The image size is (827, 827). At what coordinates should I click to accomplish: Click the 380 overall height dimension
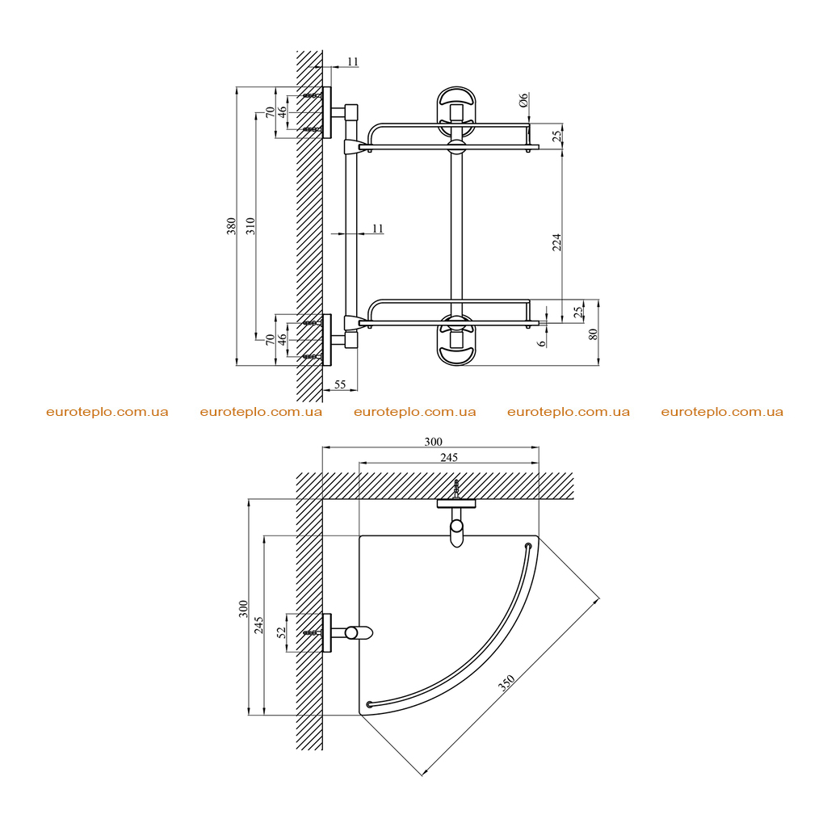click(231, 226)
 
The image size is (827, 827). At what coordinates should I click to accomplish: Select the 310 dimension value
click(250, 226)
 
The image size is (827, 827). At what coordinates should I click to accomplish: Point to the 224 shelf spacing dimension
click(557, 242)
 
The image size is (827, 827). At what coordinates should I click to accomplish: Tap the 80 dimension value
click(594, 334)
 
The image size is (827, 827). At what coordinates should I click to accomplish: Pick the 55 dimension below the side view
click(340, 384)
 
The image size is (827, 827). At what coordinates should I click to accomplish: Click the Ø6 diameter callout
click(523, 99)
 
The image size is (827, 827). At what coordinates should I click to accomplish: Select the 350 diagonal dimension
click(506, 682)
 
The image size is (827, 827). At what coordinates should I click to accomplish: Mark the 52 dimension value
click(282, 632)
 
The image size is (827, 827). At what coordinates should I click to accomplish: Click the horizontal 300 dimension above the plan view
click(433, 442)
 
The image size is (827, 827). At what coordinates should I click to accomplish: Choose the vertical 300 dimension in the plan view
click(243, 609)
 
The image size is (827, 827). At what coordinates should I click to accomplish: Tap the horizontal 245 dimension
click(449, 457)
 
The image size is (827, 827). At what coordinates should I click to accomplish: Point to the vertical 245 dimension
click(259, 625)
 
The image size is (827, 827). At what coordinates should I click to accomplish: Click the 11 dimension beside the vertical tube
click(378, 229)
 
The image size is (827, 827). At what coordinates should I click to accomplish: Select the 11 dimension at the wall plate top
click(353, 61)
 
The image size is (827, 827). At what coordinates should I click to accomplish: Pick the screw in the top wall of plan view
click(456, 489)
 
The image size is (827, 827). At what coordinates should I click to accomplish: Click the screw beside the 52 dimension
click(313, 632)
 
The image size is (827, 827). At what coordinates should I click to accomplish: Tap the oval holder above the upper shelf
click(456, 109)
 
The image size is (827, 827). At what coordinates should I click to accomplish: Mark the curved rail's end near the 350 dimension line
click(528, 546)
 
